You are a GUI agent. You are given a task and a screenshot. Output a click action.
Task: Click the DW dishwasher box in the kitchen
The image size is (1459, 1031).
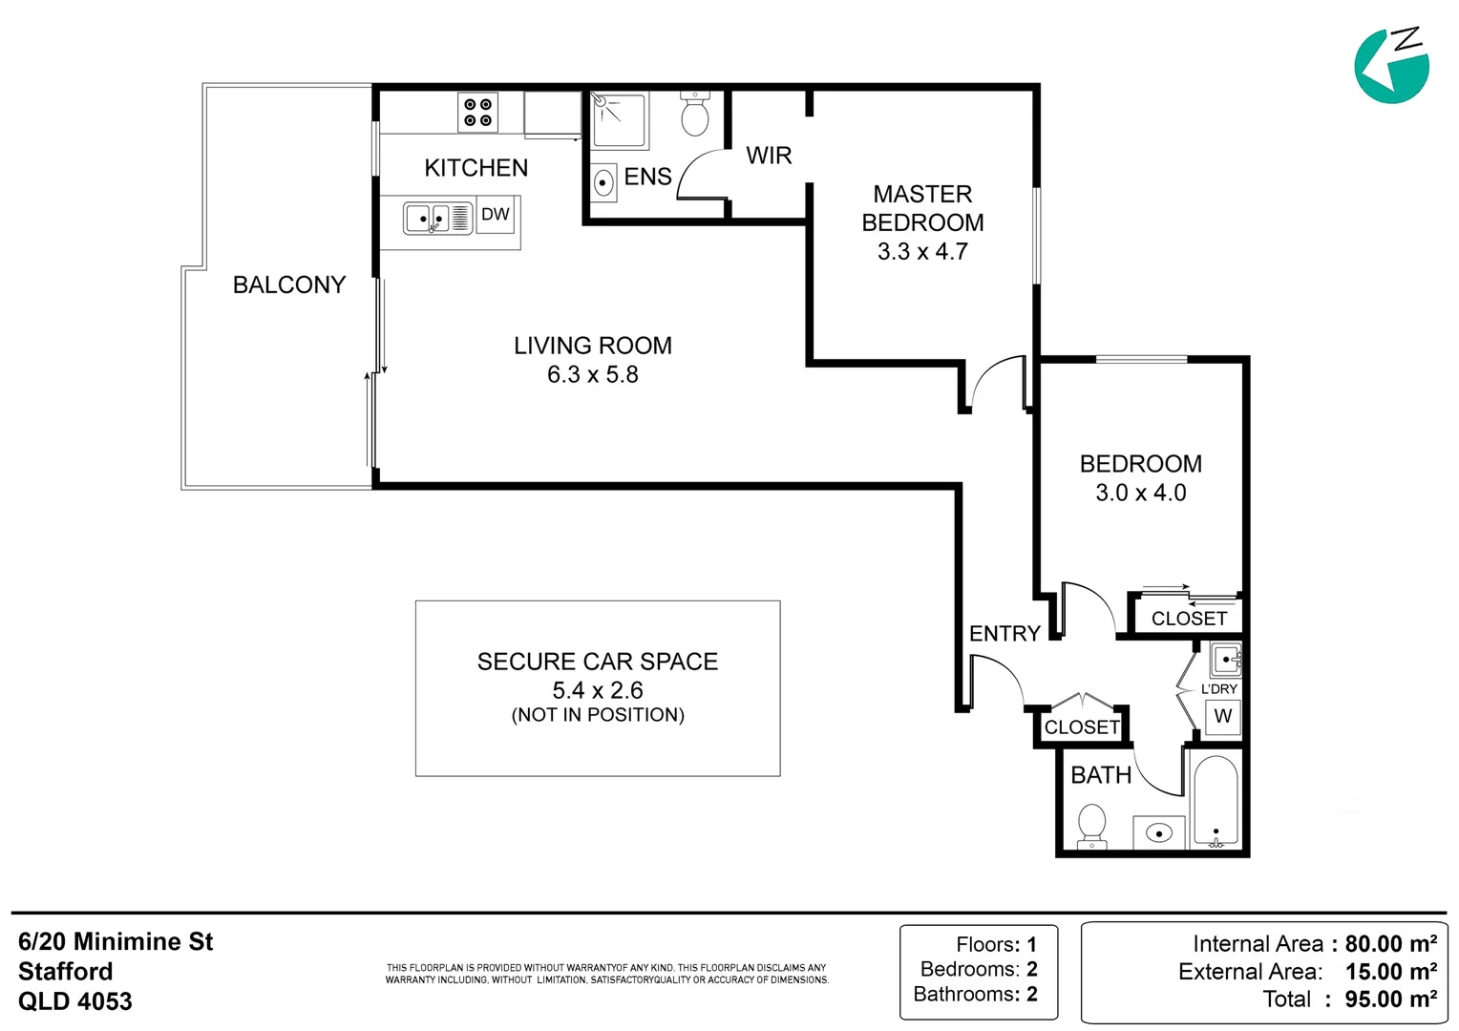pos(495,214)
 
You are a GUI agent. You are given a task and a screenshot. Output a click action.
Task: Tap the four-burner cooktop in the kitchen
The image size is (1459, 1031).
pos(477,113)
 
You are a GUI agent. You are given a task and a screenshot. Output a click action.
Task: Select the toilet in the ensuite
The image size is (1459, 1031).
pos(695,114)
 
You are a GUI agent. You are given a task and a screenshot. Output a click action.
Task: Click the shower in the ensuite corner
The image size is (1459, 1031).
pos(619,120)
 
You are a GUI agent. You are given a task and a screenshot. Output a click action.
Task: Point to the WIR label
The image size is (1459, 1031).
pos(769,156)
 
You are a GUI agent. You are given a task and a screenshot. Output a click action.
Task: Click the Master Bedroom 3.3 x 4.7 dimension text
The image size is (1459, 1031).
pos(922,251)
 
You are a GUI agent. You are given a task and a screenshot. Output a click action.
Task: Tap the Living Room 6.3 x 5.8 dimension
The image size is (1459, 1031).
pos(593,374)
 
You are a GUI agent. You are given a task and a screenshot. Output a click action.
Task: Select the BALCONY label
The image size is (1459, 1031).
pos(289,284)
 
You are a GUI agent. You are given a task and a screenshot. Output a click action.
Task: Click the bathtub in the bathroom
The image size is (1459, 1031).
pos(1216,801)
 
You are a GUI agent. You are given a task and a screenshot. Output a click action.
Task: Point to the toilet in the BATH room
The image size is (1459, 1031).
pos(1091,827)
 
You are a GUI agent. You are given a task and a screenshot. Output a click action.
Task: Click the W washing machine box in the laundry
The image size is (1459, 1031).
pos(1222,716)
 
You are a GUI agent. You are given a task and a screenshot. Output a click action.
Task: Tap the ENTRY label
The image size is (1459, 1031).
pos(1004,634)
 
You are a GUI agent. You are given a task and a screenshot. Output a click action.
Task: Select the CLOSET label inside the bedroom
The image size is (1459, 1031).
pos(1189,618)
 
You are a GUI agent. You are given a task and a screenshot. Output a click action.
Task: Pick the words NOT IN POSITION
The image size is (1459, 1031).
pos(598,715)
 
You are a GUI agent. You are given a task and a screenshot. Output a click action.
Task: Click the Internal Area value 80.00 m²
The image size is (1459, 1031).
pos(1391,944)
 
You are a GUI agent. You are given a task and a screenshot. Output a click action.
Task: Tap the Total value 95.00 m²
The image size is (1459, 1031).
pos(1391,999)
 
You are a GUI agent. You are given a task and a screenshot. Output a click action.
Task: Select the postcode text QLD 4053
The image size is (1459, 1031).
pos(74,1001)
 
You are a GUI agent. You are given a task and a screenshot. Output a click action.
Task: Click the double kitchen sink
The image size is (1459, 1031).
pos(437,219)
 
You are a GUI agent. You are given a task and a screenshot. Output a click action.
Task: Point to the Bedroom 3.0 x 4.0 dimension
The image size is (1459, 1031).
pos(1140,493)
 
